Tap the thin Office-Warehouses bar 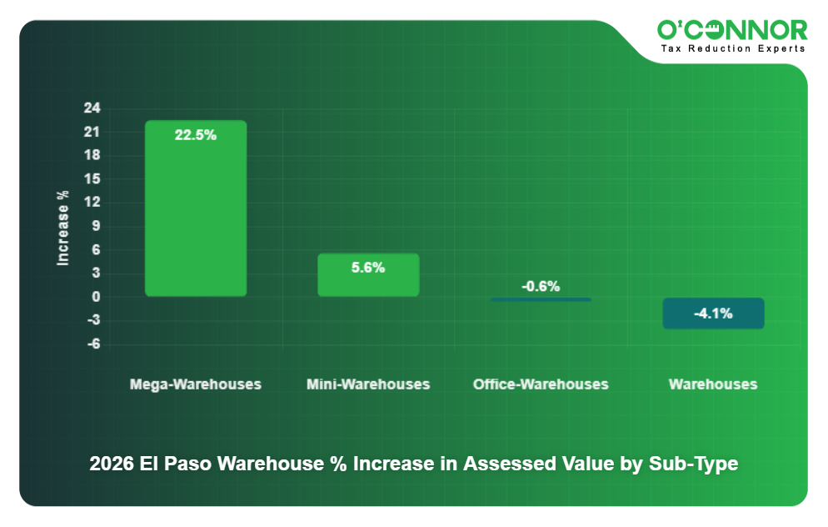[x=541, y=299]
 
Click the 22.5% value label [x=196, y=135]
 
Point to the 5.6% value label [x=368, y=268]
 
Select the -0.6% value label [x=541, y=286]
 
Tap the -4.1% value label [x=713, y=314]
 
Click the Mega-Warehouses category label [x=196, y=384]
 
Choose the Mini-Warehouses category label [x=368, y=384]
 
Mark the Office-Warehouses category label [x=541, y=384]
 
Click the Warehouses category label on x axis [x=713, y=384]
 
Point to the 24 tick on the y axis [x=92, y=108]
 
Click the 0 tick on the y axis [x=96, y=297]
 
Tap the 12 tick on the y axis [x=92, y=203]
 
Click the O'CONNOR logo [x=732, y=30]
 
